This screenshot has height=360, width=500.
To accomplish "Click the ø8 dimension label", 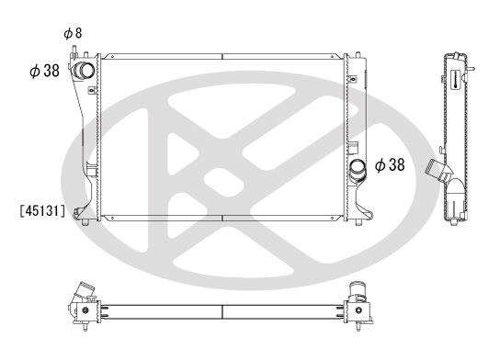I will click(73, 34).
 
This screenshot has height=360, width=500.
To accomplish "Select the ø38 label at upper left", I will click(45, 72).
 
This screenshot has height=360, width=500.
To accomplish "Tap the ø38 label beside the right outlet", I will click(390, 165).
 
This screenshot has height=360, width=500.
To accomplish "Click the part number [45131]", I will click(40, 209).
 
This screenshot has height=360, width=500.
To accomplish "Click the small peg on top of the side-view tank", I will click(472, 66).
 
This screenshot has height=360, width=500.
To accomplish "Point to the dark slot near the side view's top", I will click(454, 80).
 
